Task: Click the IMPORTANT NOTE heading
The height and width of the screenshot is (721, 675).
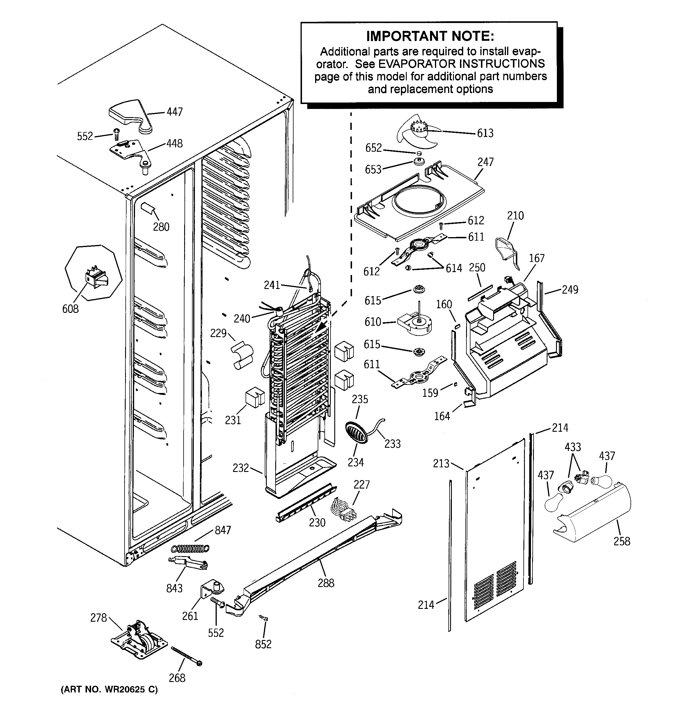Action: tap(430, 36)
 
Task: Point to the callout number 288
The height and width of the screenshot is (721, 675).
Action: tap(326, 583)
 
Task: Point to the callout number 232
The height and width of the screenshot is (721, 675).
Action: tap(241, 468)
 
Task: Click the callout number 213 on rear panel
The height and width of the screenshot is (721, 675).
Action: tap(441, 463)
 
